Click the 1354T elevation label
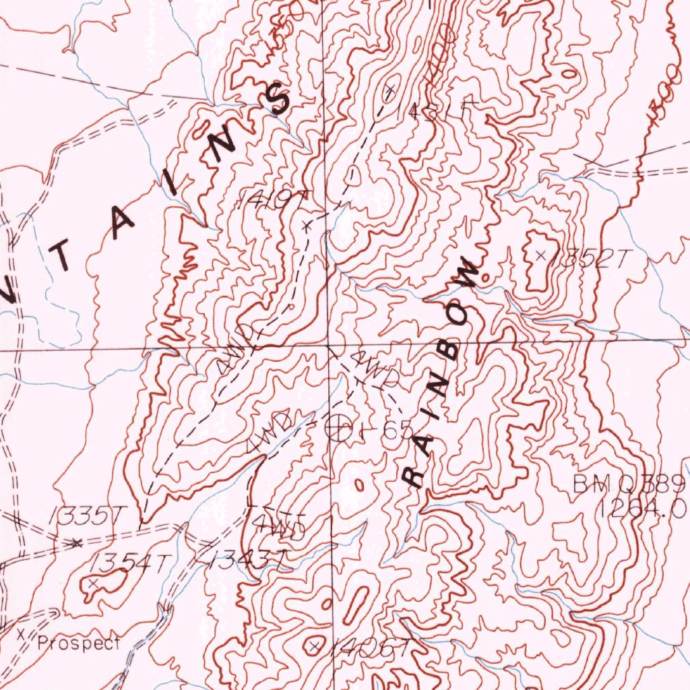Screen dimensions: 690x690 tap(129, 562)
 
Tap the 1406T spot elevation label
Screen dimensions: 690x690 tap(370, 648)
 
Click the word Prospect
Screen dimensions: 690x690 tap(79, 642)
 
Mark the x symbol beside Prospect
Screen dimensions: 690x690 tap(21, 634)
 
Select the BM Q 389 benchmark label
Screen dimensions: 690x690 tap(629, 483)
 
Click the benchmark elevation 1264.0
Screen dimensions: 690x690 tap(641, 507)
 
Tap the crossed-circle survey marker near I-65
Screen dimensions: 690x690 tap(338, 427)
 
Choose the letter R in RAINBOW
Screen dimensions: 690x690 tap(412, 478)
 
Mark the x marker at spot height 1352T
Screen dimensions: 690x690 tap(541, 255)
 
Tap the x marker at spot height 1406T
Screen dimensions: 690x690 tap(314, 646)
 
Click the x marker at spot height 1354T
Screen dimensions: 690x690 tap(94, 581)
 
